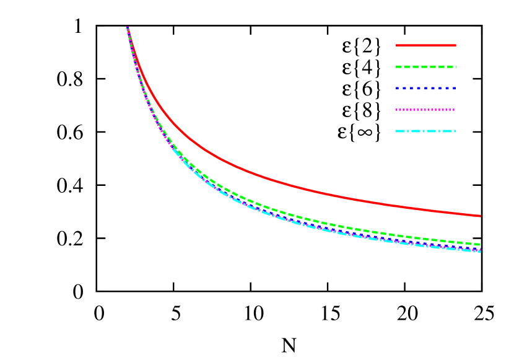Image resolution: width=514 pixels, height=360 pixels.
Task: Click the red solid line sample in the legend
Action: point(426,45)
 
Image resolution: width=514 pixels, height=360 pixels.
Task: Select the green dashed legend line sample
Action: point(426,67)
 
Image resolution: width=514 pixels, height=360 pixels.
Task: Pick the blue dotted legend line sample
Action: point(426,88)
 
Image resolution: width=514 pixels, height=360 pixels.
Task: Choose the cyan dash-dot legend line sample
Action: point(426,131)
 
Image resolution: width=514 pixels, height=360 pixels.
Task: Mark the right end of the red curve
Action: point(480,216)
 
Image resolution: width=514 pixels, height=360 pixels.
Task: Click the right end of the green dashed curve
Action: point(480,244)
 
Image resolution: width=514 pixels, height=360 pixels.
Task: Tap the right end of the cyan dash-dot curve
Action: point(480,251)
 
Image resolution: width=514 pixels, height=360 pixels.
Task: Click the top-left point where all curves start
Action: point(128,28)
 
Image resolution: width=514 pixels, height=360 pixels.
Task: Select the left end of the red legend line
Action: point(397,45)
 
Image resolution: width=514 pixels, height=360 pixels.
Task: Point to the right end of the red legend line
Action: point(455,45)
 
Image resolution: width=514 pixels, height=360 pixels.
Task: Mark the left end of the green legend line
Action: point(397,67)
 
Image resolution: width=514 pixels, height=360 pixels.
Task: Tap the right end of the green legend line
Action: point(455,67)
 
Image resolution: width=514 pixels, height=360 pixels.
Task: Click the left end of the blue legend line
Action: point(397,88)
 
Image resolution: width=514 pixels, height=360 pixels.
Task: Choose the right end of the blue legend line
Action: point(455,88)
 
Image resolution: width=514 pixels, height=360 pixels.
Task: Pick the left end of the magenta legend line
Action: point(397,110)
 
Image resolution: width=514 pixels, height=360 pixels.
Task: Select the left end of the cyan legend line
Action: point(397,131)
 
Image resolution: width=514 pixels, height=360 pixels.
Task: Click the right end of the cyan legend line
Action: point(455,131)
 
